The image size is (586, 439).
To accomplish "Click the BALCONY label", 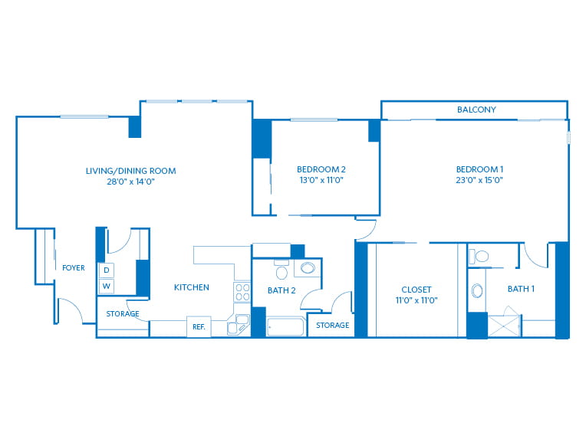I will click(476, 110).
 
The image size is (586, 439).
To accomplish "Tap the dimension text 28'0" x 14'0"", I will click(130, 182).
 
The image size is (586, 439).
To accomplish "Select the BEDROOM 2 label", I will click(321, 169).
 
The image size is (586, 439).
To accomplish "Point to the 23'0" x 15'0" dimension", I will click(479, 181).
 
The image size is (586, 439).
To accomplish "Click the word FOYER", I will click(74, 268).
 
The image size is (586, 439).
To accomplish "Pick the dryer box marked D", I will click(106, 270).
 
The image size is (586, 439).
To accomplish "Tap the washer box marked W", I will click(106, 287).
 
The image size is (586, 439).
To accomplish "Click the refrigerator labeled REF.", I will click(198, 327).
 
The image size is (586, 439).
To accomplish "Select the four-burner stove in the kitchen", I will click(242, 292).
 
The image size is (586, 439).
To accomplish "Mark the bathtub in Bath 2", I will click(286, 328).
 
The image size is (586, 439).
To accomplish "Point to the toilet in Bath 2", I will click(281, 271).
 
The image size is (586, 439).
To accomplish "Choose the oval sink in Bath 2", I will click(307, 268).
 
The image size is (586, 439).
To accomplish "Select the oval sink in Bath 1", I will click(477, 291).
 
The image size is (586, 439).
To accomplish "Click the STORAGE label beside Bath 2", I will click(332, 326).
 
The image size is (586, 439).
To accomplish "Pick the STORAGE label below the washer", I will click(123, 314).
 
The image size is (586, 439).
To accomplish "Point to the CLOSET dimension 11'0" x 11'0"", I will click(416, 301).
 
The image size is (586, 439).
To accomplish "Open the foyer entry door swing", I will click(69, 310).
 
